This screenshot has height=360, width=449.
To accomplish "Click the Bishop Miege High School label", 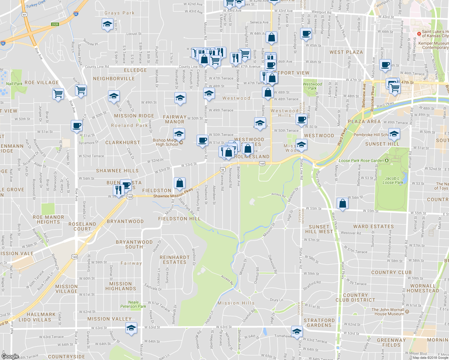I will pyautogui.click(x=165, y=142).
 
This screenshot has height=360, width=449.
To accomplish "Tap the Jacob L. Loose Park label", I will pyautogui.click(x=393, y=180).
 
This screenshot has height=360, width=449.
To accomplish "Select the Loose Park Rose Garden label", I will pyautogui.click(x=361, y=161).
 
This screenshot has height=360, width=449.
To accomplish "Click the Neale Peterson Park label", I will pyautogui.click(x=133, y=304).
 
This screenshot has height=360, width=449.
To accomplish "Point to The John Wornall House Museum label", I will pyautogui.click(x=388, y=312).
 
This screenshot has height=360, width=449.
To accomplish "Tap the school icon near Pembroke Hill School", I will pyautogui.click(x=394, y=133).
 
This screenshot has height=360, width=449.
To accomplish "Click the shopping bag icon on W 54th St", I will pyautogui.click(x=342, y=203).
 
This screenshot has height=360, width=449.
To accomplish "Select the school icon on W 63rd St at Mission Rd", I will pyautogui.click(x=131, y=328).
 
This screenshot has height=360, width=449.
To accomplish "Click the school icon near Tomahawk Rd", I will pyautogui.click(x=297, y=331).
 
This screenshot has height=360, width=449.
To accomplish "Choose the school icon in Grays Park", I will pyautogui.click(x=107, y=25).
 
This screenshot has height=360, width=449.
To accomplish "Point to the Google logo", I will pyautogui.click(x=10, y=356).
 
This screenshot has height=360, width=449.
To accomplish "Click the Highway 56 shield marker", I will pyautogui.click(x=222, y=169).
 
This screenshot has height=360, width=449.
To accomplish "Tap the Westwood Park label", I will pyautogui.click(x=312, y=86).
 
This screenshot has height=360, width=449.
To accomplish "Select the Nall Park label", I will pyautogui.click(x=14, y=84).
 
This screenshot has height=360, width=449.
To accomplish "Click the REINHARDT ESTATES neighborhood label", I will pyautogui.click(x=175, y=260).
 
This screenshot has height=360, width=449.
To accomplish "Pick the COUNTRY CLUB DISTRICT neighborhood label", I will pyautogui.click(x=355, y=298).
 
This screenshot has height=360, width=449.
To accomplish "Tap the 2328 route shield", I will pyautogui.click(x=55, y=24).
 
